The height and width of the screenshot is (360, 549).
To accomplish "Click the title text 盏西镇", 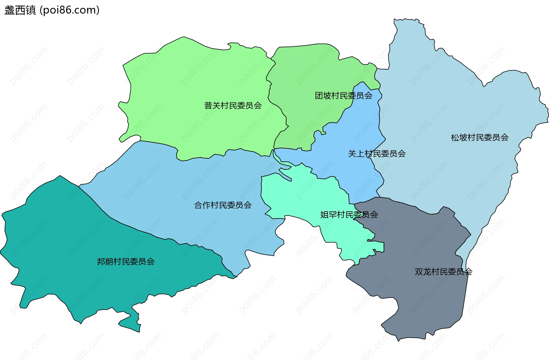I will pyautogui.click(x=20, y=10).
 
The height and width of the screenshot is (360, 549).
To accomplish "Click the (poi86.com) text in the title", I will pyautogui.click(x=69, y=10).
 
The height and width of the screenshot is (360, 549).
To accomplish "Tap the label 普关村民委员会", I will pyautogui.click(x=233, y=106).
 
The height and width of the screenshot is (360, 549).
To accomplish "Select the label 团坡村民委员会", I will pyautogui.click(x=343, y=96).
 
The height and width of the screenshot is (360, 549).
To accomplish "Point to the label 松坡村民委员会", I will pyautogui.click(x=480, y=138).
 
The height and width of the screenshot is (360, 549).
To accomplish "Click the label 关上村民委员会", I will pyautogui.click(x=377, y=154).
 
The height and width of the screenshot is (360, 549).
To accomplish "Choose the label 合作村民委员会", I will pyautogui.click(x=223, y=205).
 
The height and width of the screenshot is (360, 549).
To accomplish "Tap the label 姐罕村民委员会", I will pyautogui.click(x=349, y=214).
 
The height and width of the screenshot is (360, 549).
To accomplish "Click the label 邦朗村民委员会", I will pyautogui.click(x=126, y=261).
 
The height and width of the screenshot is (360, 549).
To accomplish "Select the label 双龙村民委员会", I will pyautogui.click(x=443, y=271).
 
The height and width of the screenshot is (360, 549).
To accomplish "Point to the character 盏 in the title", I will pyautogui.click(x=9, y=10).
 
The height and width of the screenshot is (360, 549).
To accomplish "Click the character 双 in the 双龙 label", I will pyautogui.click(x=419, y=271).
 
